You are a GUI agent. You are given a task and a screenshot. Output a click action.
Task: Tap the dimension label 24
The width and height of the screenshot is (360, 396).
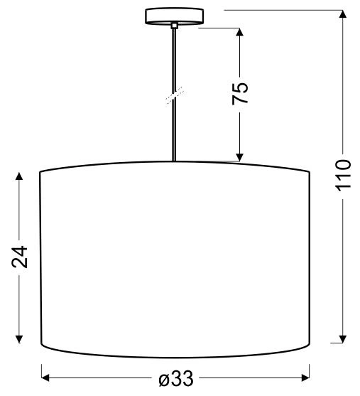click(x=21, y=257)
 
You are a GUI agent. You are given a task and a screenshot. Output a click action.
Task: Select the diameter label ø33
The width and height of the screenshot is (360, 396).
click(x=175, y=379)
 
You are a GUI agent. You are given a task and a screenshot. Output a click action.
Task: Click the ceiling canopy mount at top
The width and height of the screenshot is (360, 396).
click(x=173, y=15)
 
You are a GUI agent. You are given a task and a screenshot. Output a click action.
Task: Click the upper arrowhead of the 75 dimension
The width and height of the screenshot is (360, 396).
click(x=240, y=33)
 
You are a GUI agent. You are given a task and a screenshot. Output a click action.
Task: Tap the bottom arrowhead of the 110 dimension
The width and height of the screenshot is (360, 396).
click(x=344, y=339)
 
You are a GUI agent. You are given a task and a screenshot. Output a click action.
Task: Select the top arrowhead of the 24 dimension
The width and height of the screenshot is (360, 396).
click(x=20, y=174)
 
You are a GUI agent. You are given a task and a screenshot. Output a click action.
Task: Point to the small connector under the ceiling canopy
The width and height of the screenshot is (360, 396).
click(x=174, y=26)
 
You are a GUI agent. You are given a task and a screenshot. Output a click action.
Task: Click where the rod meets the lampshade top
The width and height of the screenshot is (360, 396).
click(x=175, y=161)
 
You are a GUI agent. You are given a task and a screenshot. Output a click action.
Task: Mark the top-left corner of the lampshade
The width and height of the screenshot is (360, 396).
click(x=39, y=172)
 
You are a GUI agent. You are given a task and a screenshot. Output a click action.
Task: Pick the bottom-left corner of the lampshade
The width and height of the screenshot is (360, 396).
click(x=39, y=346)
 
